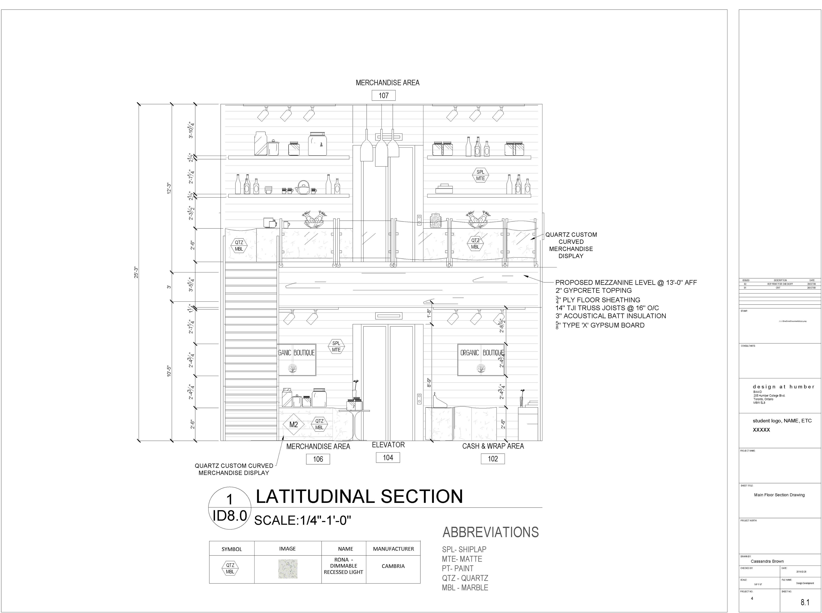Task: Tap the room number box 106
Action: [x=318, y=459]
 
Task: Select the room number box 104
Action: [x=388, y=458]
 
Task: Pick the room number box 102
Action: [x=493, y=459]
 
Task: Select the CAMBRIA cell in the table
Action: [x=393, y=566]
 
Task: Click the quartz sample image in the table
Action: [x=288, y=569]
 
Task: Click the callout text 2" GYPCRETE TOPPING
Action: [x=593, y=290]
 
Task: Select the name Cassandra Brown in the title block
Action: [x=767, y=561]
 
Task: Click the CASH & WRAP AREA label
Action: [x=493, y=446]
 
